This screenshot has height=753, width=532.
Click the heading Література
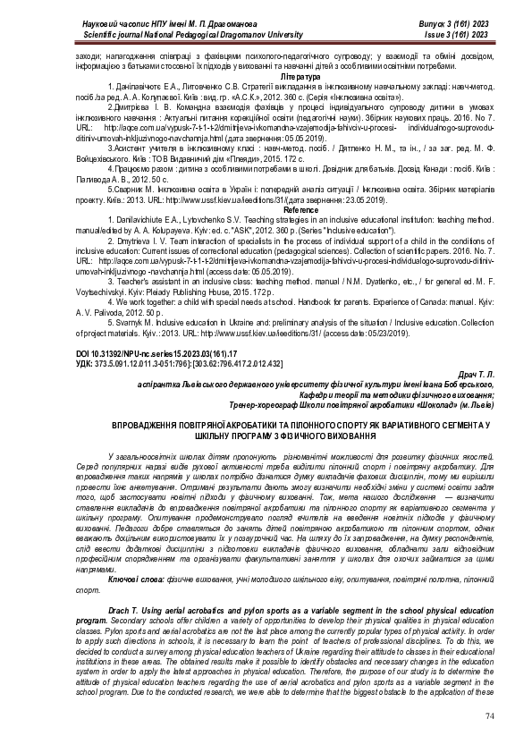click(266, 78)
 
